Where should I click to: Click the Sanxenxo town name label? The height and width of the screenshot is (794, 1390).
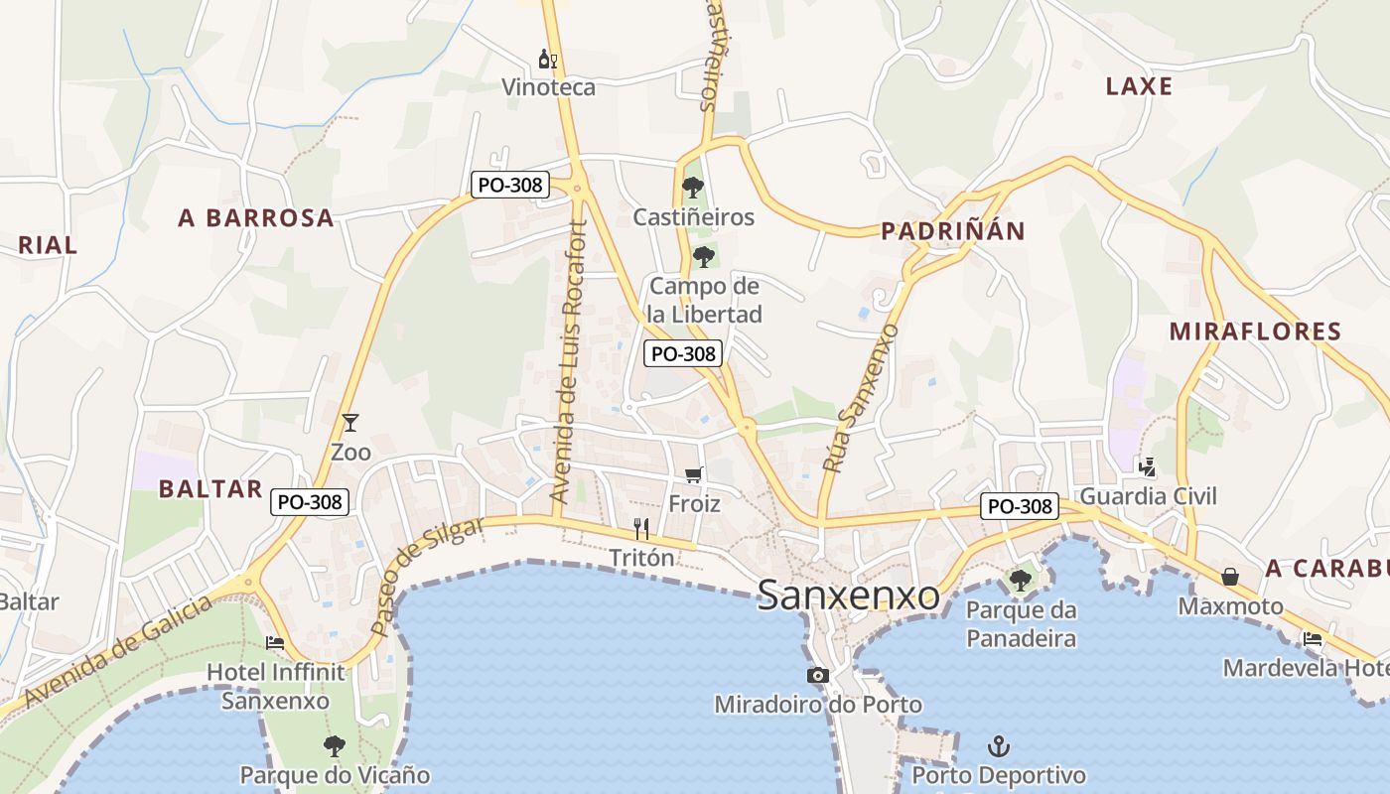coord(849,595)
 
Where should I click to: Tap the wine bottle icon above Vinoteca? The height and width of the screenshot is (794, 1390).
coord(547,60)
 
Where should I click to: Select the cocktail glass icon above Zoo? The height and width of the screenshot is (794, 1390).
coord(349,423)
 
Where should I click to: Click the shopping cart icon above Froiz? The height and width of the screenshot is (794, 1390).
coord(693,475)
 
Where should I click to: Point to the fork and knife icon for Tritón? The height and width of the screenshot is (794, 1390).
coord(641,529)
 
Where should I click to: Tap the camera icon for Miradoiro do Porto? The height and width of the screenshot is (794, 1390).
coord(817,676)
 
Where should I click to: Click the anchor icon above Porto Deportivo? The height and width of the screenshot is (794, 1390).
coord(998,745)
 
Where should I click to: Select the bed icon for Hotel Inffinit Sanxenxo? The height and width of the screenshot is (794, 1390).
coord(275,643)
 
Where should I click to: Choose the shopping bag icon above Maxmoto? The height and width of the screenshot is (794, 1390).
coord(1230,577)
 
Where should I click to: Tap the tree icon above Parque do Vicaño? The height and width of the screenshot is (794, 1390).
coord(335,745)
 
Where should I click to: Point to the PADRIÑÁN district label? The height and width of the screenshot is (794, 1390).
coord(953,231)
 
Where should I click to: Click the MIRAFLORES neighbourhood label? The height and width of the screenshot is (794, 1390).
coord(1255,331)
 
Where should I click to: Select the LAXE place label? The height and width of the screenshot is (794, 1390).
coord(1139,86)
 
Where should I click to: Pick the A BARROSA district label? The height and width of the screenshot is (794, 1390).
coord(256,218)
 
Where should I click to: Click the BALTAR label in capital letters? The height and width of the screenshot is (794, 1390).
coord(210,488)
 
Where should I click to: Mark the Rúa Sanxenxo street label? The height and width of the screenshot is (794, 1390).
coord(860,397)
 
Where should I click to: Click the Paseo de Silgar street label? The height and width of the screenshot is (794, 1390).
coord(426,576)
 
